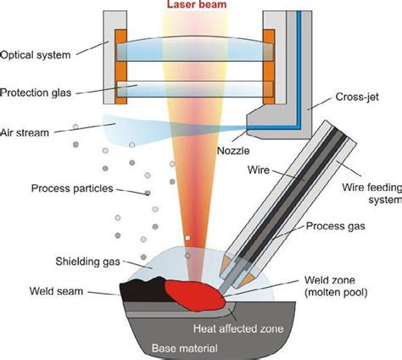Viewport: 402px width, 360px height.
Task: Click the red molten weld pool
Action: (191, 291)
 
